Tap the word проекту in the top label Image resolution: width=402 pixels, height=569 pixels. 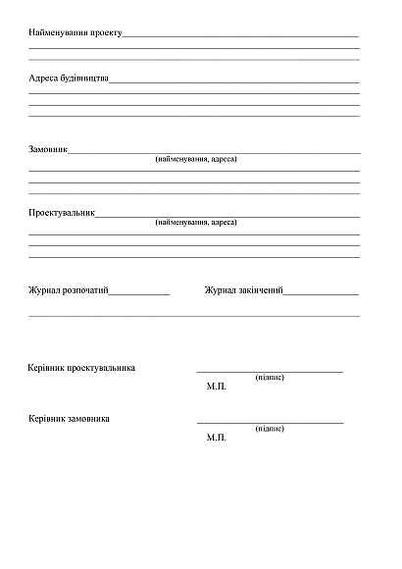coord(105,33)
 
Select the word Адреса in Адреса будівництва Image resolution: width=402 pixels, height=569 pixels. coord(44,77)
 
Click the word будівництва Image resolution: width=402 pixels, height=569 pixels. coord(85,77)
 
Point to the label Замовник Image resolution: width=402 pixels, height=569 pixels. coord(48,150)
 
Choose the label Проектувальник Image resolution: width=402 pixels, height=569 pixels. coord(62,212)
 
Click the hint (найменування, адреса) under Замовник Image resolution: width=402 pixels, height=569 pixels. coord(196,159)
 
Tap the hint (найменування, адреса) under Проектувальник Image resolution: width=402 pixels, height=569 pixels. coord(196,222)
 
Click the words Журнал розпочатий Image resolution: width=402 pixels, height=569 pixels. coord(68,290)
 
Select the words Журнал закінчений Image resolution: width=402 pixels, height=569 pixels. coord(243,290)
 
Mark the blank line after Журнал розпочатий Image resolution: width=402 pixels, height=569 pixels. coord(139,293)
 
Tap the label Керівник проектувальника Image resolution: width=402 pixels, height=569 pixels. coord(82,368)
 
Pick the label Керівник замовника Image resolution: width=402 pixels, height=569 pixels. coord(70,418)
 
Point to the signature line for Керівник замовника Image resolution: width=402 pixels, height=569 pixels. coord(270,422)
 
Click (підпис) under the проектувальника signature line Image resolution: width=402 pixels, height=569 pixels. coord(270,377)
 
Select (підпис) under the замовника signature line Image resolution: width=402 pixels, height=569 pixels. coord(270,428)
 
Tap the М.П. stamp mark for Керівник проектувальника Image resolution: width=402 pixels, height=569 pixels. coord(217,387)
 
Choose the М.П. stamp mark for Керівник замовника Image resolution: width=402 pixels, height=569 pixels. coord(217,437)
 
